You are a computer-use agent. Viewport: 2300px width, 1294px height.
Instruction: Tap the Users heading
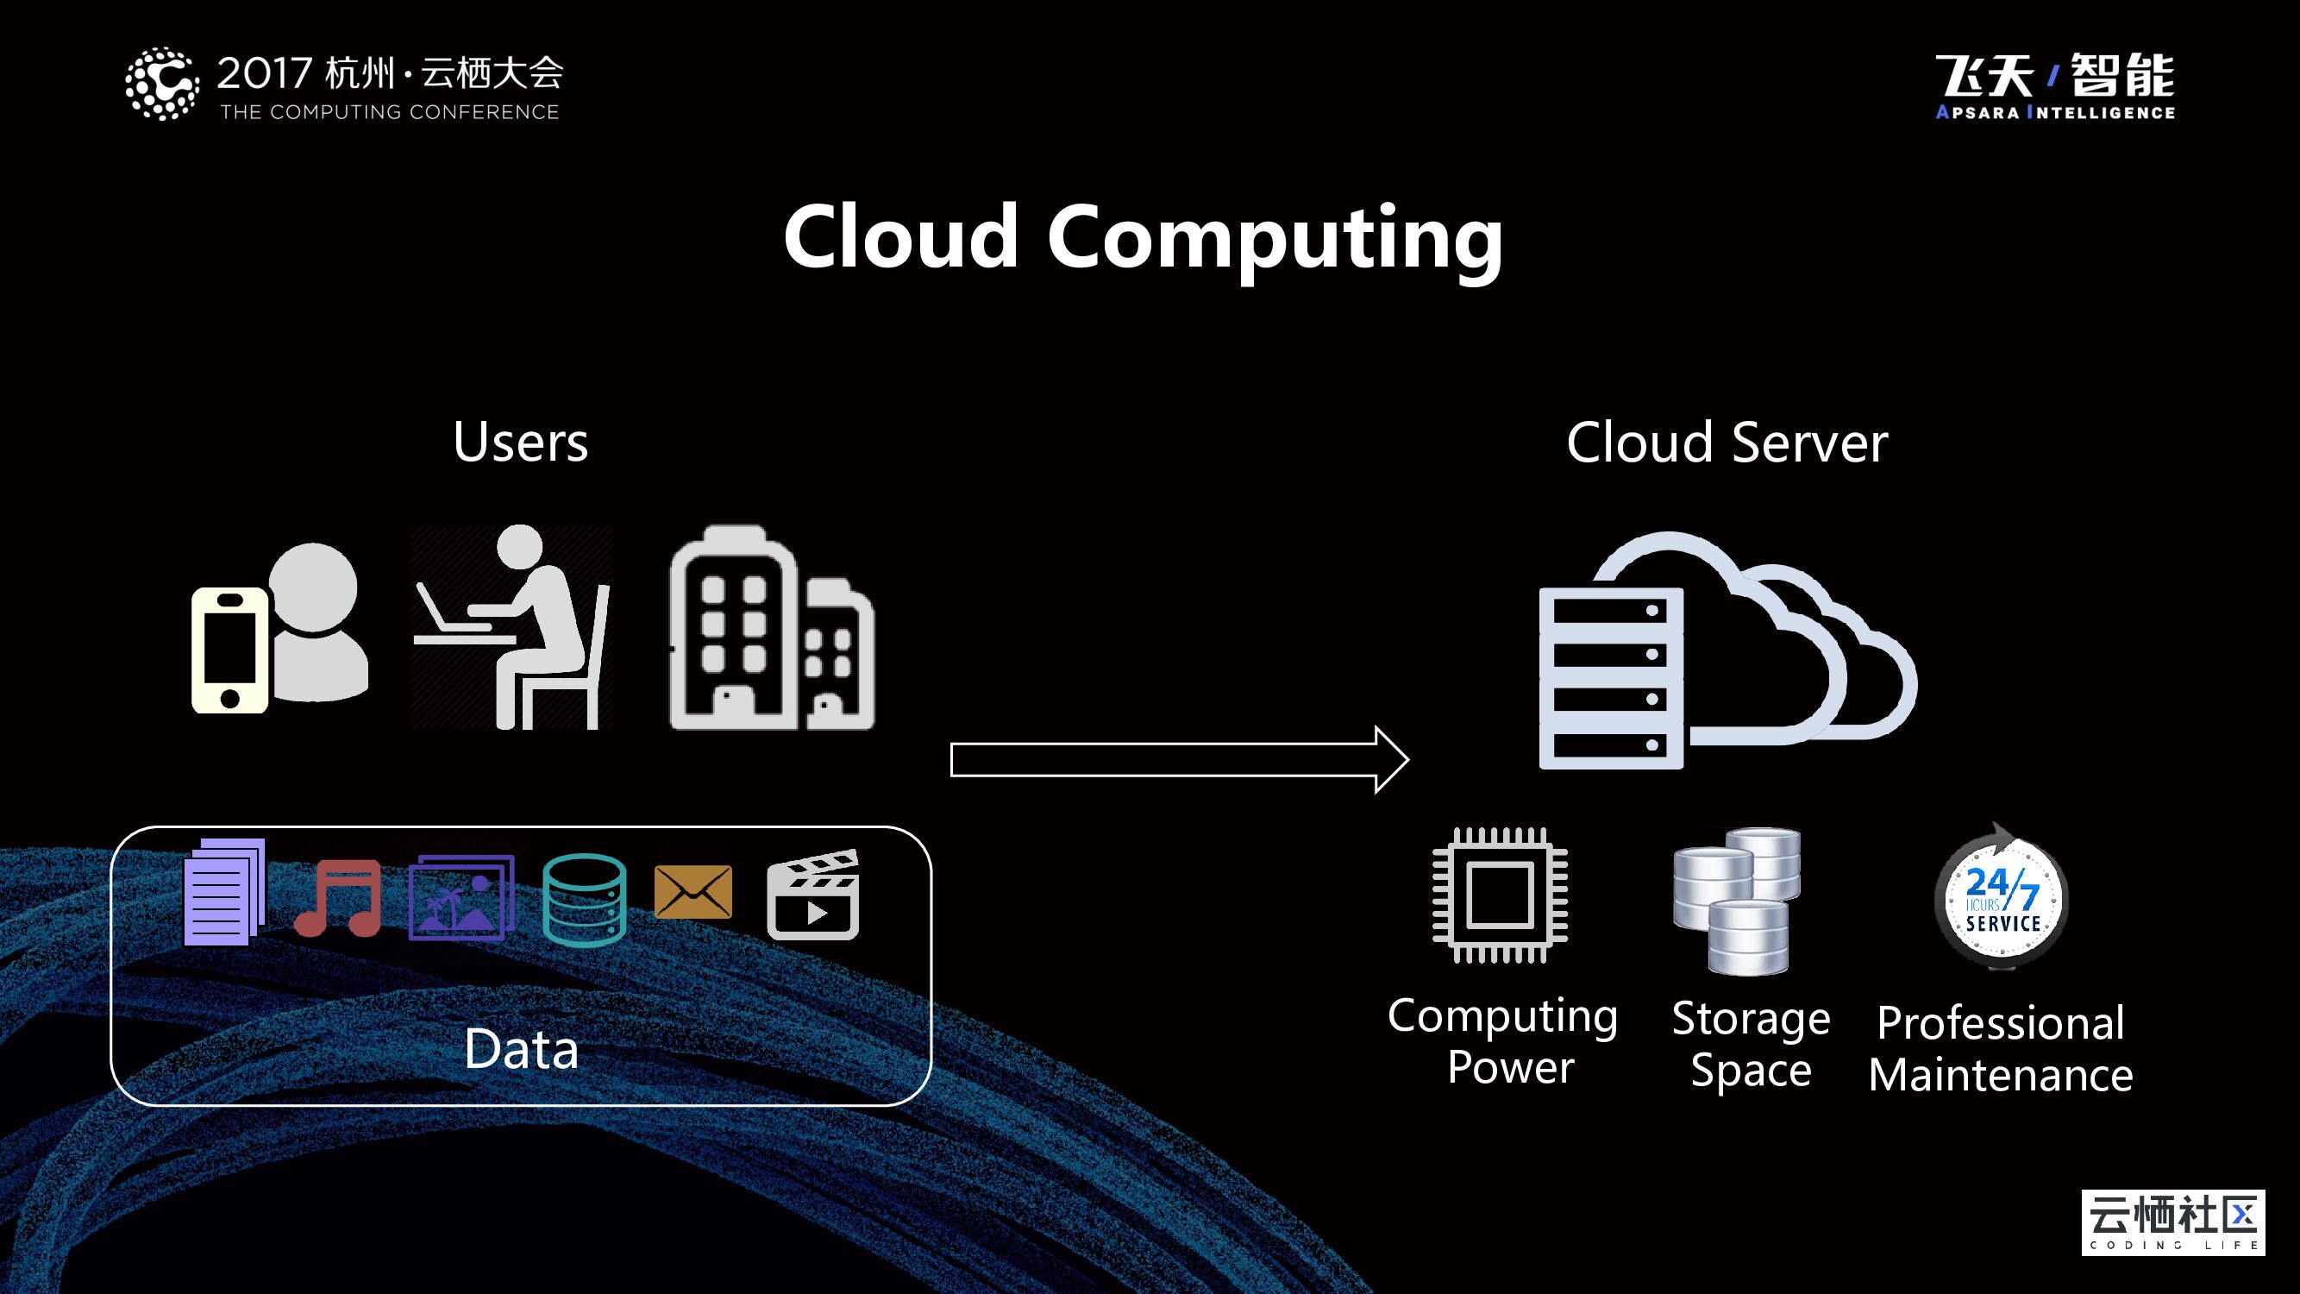[521, 442]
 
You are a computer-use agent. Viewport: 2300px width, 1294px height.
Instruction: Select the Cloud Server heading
[1727, 442]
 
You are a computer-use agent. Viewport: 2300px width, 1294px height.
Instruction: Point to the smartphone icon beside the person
[229, 650]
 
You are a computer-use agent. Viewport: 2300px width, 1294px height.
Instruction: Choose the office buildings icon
[772, 629]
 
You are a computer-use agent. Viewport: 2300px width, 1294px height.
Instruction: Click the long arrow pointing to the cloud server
[1179, 760]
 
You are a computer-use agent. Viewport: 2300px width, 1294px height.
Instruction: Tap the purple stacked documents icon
[223, 892]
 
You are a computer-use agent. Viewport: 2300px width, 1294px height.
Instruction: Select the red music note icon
[339, 897]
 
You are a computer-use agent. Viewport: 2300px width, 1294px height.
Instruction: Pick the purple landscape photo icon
[461, 897]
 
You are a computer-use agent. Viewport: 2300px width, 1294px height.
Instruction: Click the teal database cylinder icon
[584, 899]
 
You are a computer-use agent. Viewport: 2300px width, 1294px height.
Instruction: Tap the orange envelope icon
[693, 891]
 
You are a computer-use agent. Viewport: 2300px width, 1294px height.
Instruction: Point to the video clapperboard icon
[813, 895]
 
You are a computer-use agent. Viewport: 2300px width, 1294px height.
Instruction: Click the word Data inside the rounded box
[522, 1049]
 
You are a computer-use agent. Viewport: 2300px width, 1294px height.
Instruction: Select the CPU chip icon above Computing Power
[1500, 895]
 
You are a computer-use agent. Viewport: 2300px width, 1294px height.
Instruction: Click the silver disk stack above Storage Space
[1737, 900]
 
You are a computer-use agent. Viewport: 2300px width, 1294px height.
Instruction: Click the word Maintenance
[2001, 1075]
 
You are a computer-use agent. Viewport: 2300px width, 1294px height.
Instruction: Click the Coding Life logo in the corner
[2173, 1222]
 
